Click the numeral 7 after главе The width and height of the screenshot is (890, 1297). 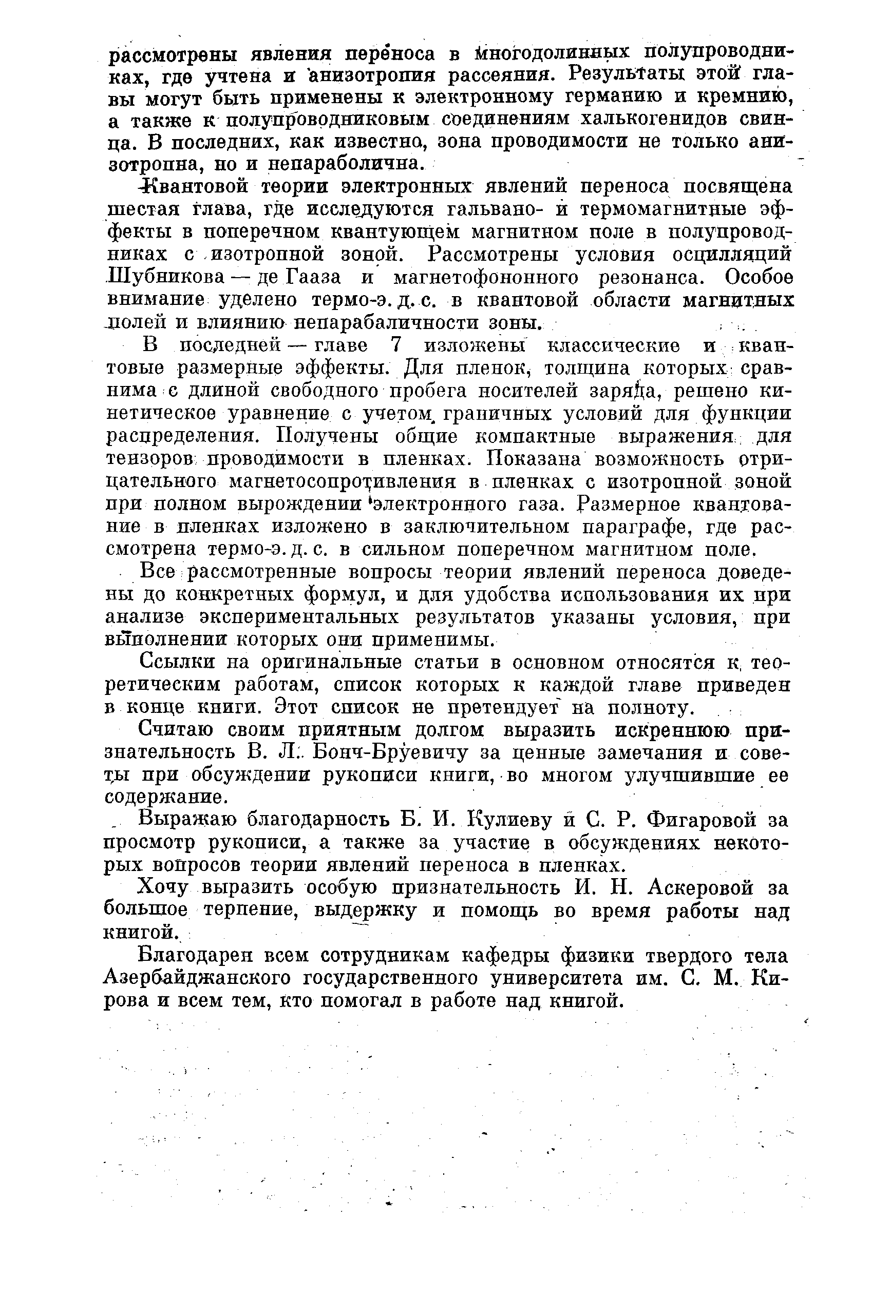point(395,345)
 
